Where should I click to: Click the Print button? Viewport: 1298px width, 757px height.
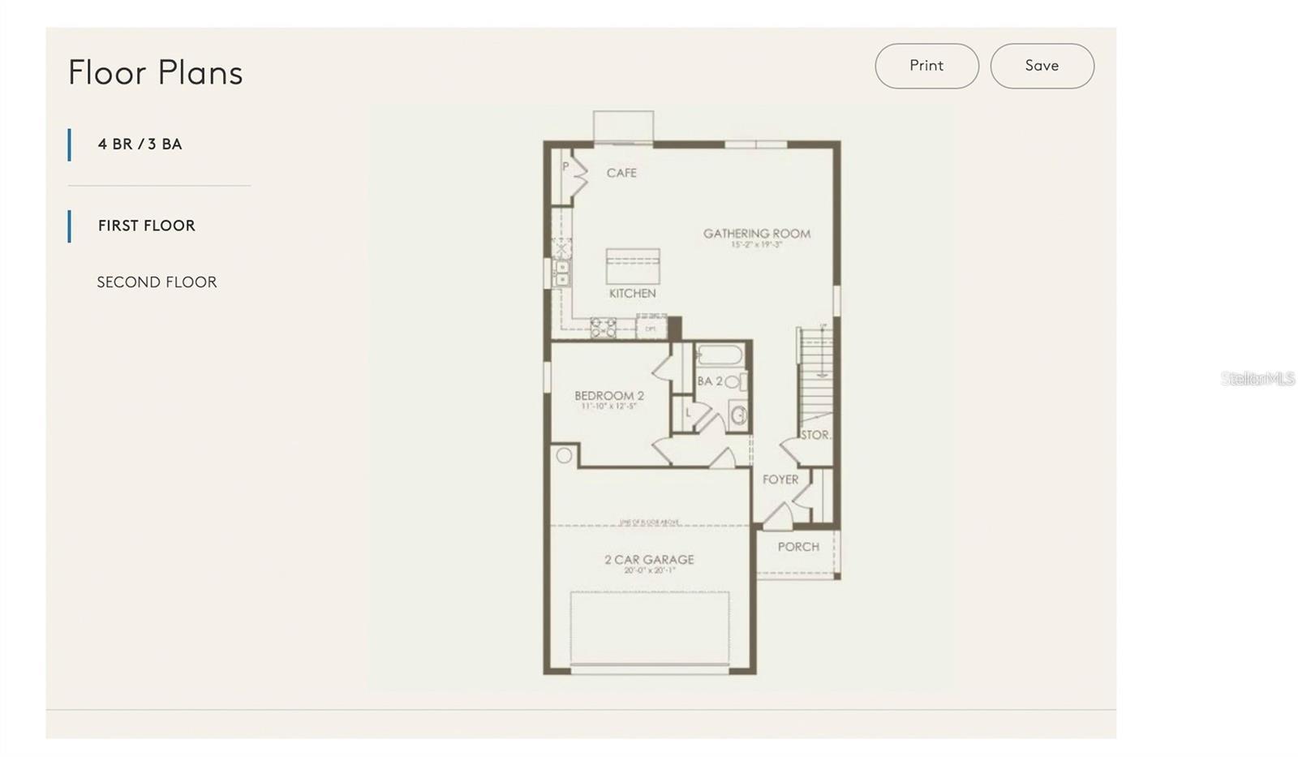click(x=926, y=66)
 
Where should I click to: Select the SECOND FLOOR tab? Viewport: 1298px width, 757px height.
click(x=157, y=282)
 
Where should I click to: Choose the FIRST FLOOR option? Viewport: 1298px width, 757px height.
click(x=146, y=226)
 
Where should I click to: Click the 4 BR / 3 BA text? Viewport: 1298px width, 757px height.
click(x=140, y=144)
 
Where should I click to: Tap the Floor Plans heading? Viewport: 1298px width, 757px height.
click(x=155, y=72)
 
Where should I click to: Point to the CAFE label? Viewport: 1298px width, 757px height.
click(x=621, y=173)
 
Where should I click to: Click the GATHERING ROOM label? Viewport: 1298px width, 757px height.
click(x=756, y=234)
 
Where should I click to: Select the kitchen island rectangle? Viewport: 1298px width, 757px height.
click(x=633, y=266)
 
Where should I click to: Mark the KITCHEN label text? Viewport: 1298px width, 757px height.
click(x=633, y=294)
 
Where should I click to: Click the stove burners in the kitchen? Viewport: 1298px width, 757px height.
click(x=603, y=328)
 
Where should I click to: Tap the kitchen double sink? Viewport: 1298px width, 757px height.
click(x=561, y=273)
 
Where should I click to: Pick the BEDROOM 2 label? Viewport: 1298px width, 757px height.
click(x=609, y=396)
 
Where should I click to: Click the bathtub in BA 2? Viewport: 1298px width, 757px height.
click(x=720, y=356)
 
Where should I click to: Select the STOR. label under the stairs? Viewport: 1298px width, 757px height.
click(x=815, y=435)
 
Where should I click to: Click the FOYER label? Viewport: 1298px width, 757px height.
click(x=780, y=480)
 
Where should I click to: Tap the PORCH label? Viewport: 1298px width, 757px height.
click(x=798, y=547)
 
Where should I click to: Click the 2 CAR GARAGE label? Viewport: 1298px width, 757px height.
click(x=649, y=560)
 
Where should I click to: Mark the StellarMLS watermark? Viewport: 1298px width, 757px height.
click(x=1257, y=379)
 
